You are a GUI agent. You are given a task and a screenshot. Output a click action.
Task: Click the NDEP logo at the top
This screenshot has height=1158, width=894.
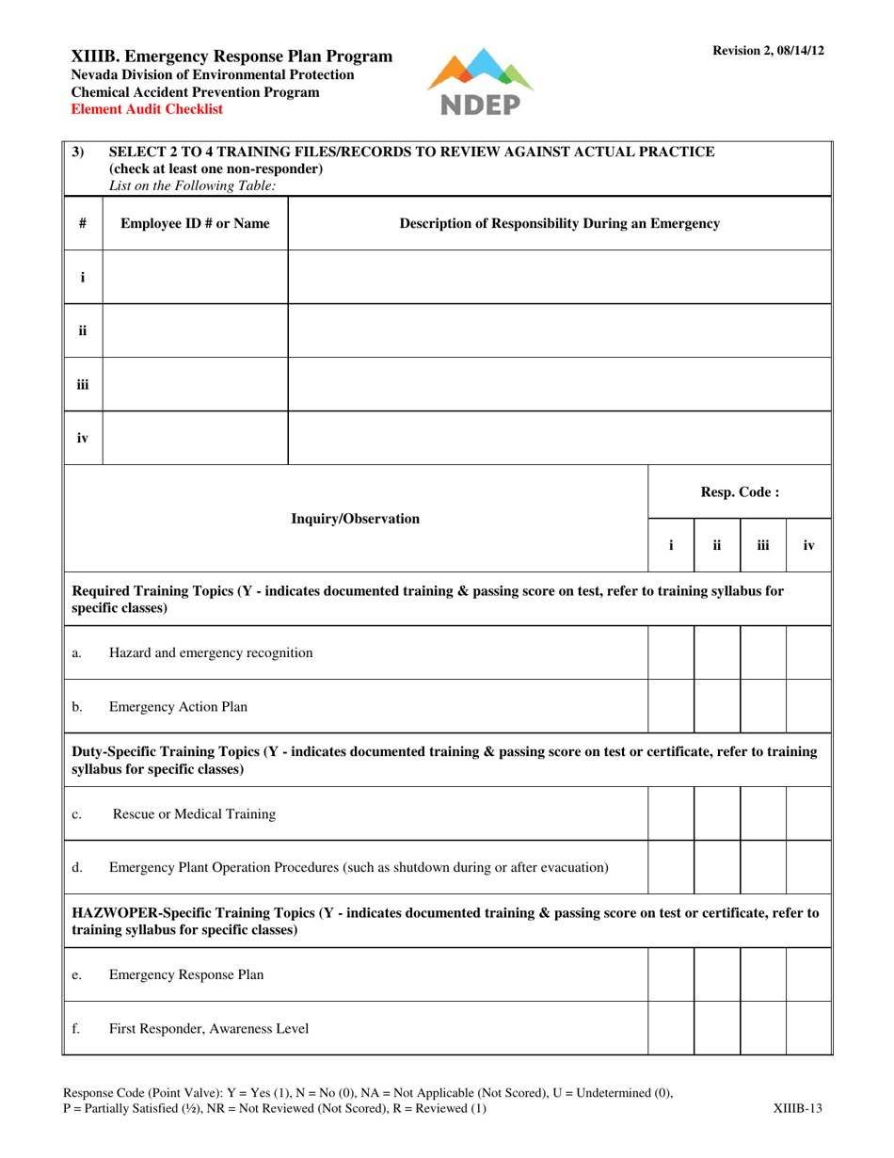pos(479,82)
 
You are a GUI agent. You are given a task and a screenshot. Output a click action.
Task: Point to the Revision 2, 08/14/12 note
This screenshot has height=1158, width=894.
pos(768,51)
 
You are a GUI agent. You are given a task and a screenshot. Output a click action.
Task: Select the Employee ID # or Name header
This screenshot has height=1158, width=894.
pos(195,223)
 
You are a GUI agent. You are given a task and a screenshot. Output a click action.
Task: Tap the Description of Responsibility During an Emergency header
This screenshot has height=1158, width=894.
pos(560,223)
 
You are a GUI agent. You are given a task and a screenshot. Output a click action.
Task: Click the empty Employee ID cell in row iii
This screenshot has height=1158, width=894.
pos(195,384)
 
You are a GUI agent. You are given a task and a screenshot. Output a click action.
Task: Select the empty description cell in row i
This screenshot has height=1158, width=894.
pos(560,277)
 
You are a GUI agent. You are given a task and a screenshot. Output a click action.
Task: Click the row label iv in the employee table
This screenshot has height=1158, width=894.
pos(82,438)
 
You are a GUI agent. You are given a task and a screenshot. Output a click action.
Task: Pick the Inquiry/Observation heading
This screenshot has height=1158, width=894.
pos(356,518)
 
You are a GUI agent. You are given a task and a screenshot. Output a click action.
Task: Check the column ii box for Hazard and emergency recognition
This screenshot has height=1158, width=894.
pos(717,652)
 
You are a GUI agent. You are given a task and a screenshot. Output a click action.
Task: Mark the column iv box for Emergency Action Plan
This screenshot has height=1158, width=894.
pos(807,706)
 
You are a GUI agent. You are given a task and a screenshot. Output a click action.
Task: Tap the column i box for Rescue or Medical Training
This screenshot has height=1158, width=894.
pos(671,813)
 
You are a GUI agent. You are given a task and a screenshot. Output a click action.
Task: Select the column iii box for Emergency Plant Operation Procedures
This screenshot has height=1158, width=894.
pos(762,867)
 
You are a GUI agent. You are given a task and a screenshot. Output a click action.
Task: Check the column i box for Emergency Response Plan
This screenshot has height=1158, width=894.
pos(671,974)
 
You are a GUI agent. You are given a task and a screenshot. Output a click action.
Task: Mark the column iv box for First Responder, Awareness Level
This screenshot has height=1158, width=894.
pos(807,1028)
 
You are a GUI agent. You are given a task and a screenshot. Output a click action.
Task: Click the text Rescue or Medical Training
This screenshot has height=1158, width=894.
pos(194,813)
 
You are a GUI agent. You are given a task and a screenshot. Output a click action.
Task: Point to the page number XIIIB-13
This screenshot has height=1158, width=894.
pos(797,1108)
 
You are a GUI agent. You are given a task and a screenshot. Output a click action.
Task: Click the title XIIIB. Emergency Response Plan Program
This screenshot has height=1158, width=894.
pos(232,56)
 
